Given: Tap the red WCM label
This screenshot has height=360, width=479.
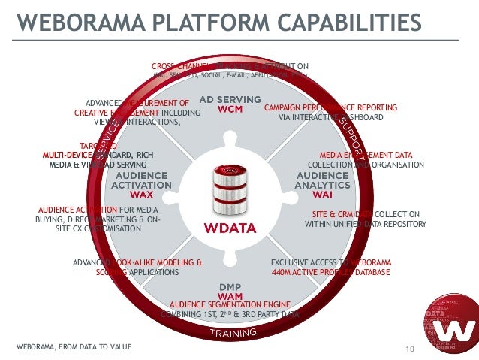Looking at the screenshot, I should tap(229, 109).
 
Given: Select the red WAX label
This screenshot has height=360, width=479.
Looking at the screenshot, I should tap(141, 194).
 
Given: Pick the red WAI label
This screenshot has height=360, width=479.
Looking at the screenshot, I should tap(323, 194).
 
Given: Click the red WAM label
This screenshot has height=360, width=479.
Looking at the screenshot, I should tap(229, 295).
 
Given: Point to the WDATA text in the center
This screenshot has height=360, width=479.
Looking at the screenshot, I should tap(230, 228).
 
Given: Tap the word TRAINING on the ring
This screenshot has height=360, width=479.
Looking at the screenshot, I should tap(233, 332).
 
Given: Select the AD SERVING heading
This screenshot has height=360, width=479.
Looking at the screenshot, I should tap(229, 99).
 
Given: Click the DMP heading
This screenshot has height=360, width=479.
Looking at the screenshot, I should tap(229, 286).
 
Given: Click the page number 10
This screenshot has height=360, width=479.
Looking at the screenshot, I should tap(410, 348).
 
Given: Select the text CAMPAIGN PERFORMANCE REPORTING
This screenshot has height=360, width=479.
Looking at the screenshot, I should tap(330, 108).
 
